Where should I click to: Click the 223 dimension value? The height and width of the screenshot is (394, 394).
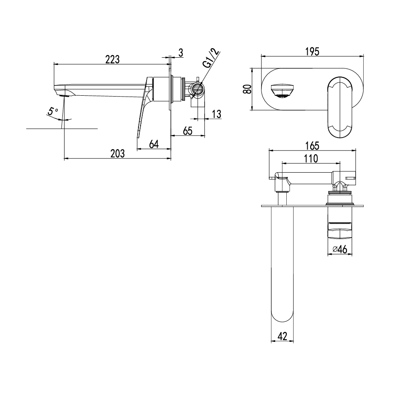pos(112,60)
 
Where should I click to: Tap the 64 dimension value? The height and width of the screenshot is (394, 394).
pos(154,144)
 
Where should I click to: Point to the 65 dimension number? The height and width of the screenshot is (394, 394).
pos(188,131)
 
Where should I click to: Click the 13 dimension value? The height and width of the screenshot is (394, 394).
pos(216,114)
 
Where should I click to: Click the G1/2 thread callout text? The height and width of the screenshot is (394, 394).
pos(211,59)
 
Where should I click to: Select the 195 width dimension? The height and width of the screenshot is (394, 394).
pos(312,51)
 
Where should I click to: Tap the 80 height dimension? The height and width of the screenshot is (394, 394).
pos(247,88)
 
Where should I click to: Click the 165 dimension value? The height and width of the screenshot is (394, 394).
pos(312,146)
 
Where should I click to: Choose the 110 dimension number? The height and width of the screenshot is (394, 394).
pos(311,159)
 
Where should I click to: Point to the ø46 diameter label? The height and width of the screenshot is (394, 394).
pos(339,250)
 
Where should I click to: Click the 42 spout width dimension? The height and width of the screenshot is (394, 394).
pos(282,336)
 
